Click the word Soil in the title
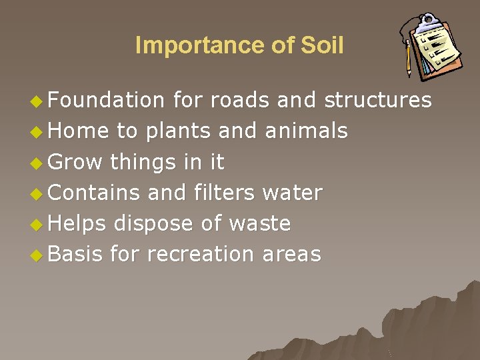pyautogui.click(x=322, y=45)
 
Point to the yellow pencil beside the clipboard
pyautogui.click(x=407, y=58)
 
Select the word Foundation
pyautogui.click(x=107, y=100)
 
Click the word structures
pyautogui.click(x=378, y=100)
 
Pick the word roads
pyautogui.click(x=239, y=100)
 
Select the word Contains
pyautogui.click(x=95, y=193)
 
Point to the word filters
pyautogui.click(x=225, y=193)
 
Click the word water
pyautogui.click(x=293, y=193)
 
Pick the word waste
pyautogui.click(x=260, y=223)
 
